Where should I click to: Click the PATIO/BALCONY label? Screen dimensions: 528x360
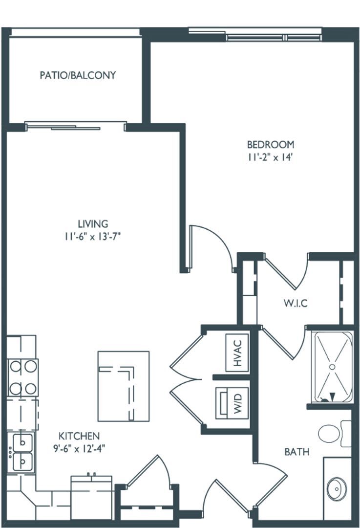point(78,75)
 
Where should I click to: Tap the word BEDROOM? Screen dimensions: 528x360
point(270,145)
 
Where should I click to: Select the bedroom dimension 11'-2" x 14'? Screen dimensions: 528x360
point(270,157)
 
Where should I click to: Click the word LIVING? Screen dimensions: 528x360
point(95,224)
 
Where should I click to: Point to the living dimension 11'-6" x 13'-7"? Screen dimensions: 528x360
point(95,237)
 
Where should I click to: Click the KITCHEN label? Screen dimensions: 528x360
point(79,436)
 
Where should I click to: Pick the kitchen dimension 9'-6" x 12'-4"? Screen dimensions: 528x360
point(79,448)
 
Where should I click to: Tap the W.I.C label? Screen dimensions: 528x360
point(295,304)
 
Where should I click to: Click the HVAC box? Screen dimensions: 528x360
point(237,352)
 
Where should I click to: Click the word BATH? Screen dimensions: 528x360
point(297,452)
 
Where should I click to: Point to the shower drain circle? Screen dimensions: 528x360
point(332,366)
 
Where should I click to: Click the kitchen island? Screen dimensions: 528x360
point(123,386)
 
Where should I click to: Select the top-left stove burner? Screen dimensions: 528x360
point(16,366)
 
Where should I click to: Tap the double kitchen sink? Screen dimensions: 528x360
point(22,452)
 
